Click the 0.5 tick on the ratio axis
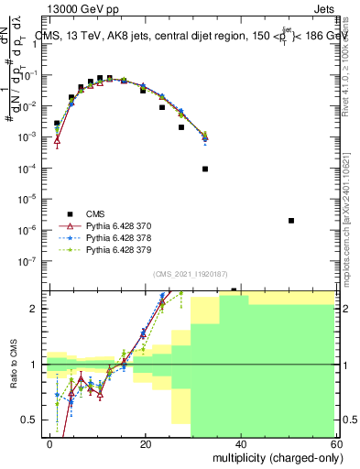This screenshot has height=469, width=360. pyautogui.click(x=33, y=420)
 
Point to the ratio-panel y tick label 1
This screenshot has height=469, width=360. pyautogui.click(x=38, y=365)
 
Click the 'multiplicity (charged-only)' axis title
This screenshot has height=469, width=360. pyautogui.click(x=274, y=456)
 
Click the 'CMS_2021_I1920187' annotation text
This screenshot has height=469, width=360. pyautogui.click(x=190, y=274)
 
